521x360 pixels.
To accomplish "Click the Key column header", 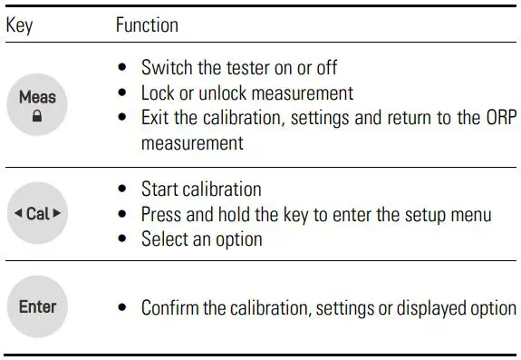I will pyautogui.click(x=19, y=25).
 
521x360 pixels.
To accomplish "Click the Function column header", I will pyautogui.click(x=147, y=25).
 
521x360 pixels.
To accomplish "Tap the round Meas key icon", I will pyautogui.click(x=37, y=104).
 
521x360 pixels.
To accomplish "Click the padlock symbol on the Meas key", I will pyautogui.click(x=37, y=117).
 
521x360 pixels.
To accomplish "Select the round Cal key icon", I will pyautogui.click(x=37, y=214).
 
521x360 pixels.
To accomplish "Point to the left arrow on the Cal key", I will pyautogui.click(x=17, y=215).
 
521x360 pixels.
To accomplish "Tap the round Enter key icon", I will pyautogui.click(x=37, y=306).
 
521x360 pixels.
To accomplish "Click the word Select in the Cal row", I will pyautogui.click(x=163, y=240).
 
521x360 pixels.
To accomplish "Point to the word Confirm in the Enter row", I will pyautogui.click(x=169, y=307).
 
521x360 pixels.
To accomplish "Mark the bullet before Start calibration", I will pyautogui.click(x=122, y=190).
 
